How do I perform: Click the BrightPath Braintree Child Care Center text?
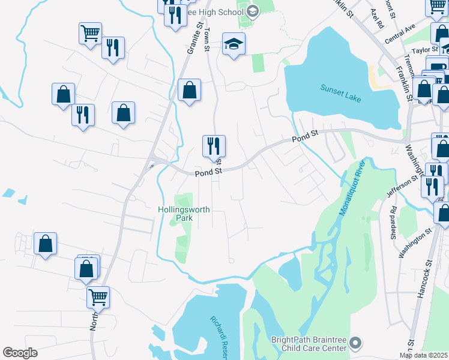309,343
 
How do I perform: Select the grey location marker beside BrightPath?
356,343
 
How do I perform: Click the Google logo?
20,353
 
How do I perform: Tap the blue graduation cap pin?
234,43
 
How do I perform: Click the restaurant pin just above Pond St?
214,145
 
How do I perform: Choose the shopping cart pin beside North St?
98,296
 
